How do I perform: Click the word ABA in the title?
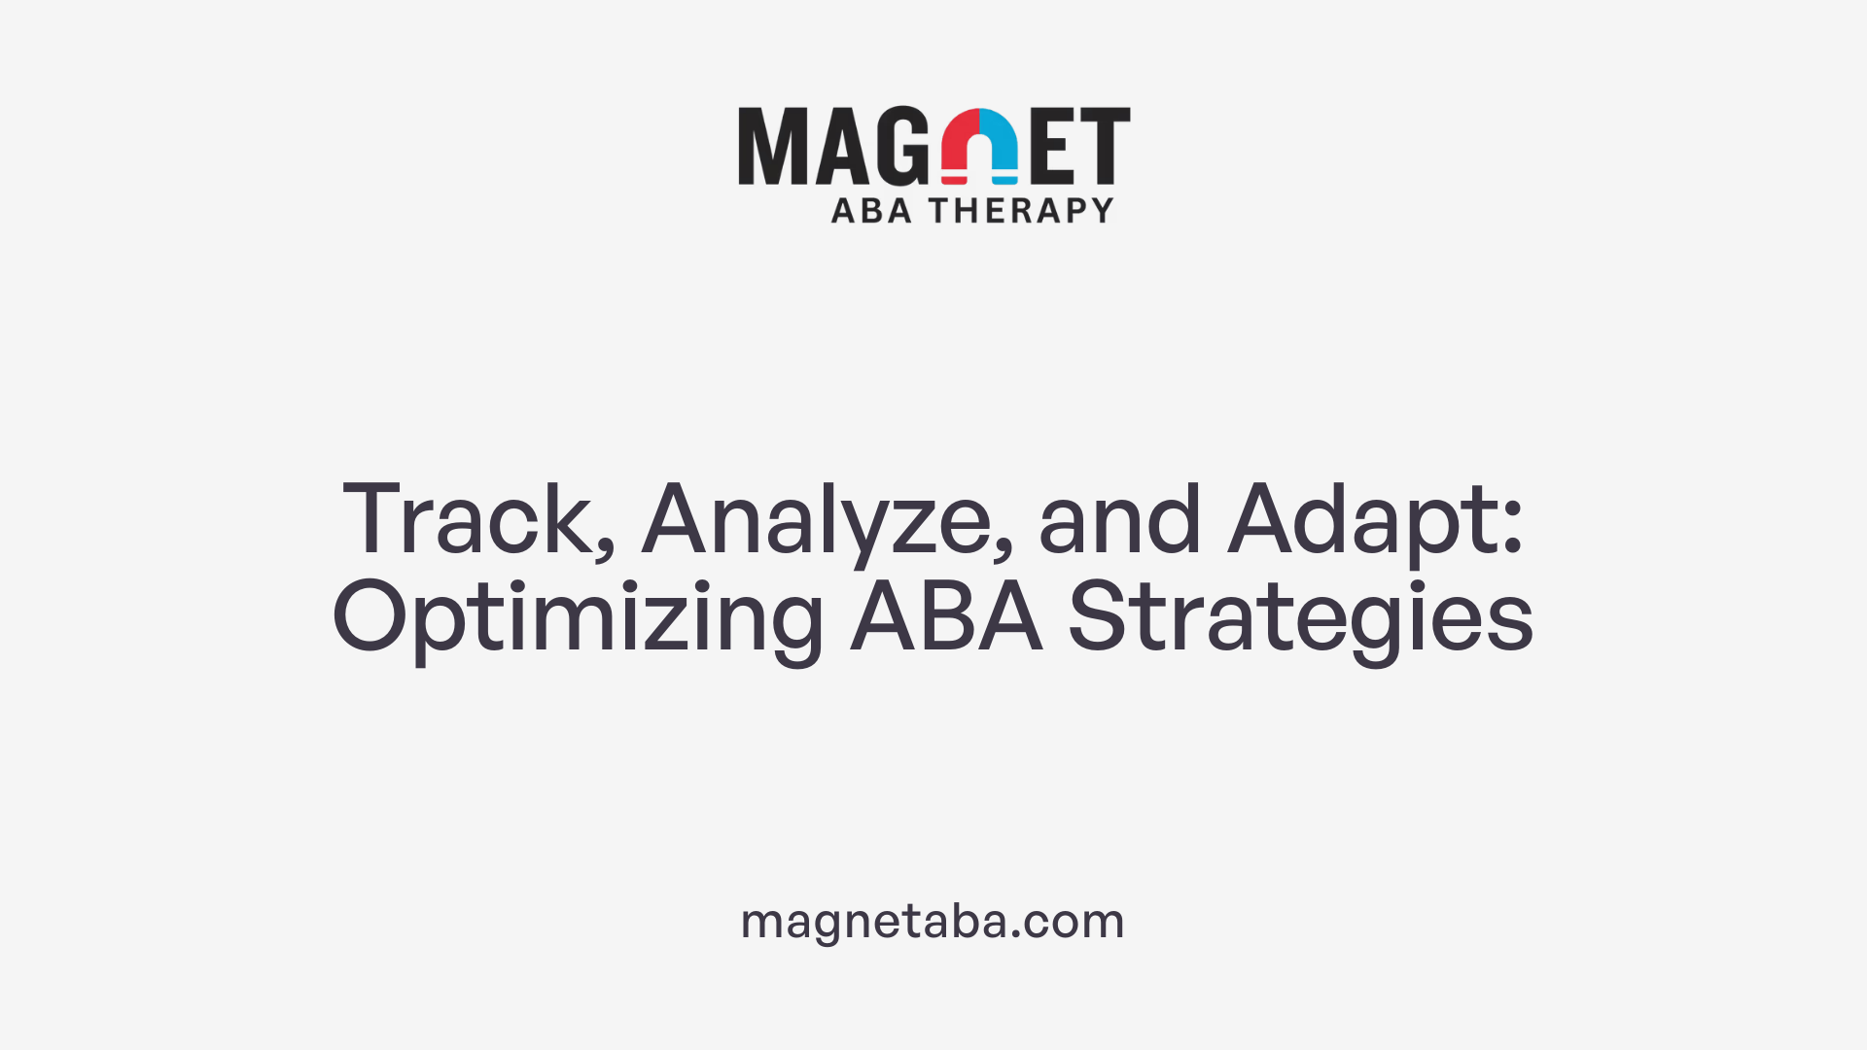click(x=946, y=616)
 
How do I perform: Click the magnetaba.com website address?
click(x=933, y=921)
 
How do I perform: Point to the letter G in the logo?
click(x=902, y=146)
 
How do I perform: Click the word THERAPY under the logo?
click(x=1020, y=210)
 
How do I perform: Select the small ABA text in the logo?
click(x=871, y=210)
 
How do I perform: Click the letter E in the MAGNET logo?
click(x=1052, y=146)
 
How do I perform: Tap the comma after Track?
click(x=607, y=550)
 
